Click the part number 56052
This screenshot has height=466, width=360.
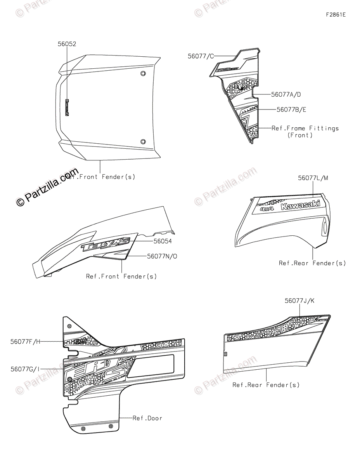click(67, 44)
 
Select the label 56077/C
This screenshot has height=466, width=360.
click(201, 56)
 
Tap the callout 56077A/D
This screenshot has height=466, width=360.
click(286, 94)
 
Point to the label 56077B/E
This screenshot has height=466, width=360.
click(291, 110)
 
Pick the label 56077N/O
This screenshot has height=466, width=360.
click(162, 256)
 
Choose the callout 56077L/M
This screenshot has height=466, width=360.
click(313, 178)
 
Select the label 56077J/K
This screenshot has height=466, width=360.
click(300, 301)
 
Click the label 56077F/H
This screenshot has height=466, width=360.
click(25, 342)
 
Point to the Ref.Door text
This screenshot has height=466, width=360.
click(147, 418)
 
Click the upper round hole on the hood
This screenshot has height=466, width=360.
click(143, 74)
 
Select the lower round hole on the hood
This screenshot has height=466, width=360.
click(143, 142)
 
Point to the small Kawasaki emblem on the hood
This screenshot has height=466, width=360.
click(66, 107)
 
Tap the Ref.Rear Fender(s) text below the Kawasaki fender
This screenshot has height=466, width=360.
click(312, 263)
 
